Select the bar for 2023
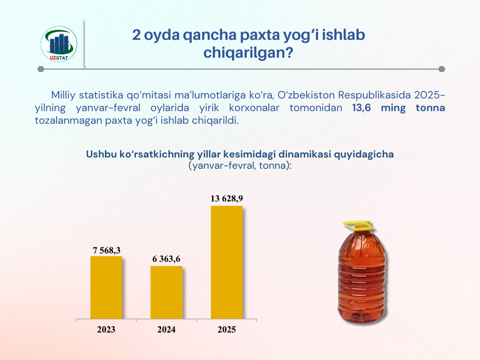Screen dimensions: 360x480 click(106, 287)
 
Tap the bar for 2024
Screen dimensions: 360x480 click(166, 292)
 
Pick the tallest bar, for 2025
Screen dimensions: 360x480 click(227, 262)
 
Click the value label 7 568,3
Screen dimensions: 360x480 click(106, 250)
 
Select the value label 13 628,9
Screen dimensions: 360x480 click(227, 199)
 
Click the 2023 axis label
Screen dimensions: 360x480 click(106, 330)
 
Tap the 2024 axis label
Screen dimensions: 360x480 click(166, 330)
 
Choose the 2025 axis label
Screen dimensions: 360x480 click(227, 330)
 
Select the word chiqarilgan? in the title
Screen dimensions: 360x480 click(248, 52)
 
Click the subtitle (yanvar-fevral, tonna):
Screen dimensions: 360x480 click(240, 166)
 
